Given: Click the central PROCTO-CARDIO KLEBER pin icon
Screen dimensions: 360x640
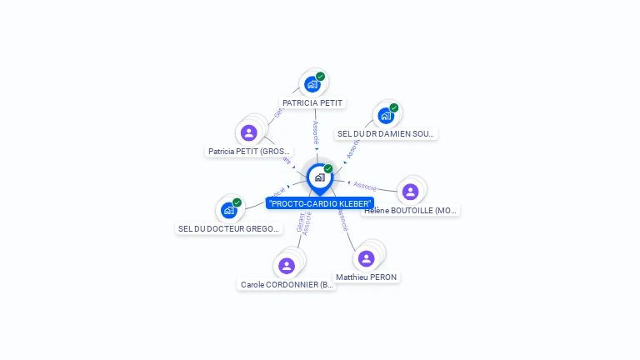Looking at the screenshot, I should (319, 177).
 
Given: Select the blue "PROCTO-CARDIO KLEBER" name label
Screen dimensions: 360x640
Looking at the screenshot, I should (319, 203).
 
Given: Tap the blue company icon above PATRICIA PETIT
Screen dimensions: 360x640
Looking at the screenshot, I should (312, 84).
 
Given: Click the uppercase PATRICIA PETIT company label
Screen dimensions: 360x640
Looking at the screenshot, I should (312, 103).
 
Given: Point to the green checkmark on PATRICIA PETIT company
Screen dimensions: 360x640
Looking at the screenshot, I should (320, 77).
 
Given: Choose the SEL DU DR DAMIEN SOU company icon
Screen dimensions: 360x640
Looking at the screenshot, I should (385, 115).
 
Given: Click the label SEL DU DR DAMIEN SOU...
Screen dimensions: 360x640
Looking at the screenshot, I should (386, 133).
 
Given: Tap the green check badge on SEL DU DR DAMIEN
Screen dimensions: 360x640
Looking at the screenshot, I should (393, 107).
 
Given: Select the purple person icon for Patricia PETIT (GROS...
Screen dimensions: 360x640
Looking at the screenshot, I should (248, 132).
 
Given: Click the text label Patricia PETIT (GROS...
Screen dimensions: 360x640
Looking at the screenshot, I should (249, 152).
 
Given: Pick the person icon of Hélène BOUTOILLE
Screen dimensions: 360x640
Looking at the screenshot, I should (409, 192).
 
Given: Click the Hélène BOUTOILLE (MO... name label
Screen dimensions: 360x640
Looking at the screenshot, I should (411, 211).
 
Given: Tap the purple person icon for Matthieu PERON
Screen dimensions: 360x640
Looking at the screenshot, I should (366, 258).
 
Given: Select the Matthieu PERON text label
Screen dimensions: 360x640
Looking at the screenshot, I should (367, 277).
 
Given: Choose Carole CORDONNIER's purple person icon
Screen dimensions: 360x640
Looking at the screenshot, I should (287, 266).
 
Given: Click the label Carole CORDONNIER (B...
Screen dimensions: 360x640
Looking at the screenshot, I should (287, 284).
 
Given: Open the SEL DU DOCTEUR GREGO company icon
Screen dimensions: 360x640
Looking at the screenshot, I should (228, 210).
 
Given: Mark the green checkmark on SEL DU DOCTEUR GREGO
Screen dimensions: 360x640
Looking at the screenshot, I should (237, 202).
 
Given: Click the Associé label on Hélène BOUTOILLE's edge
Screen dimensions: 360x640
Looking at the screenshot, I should (365, 186).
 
